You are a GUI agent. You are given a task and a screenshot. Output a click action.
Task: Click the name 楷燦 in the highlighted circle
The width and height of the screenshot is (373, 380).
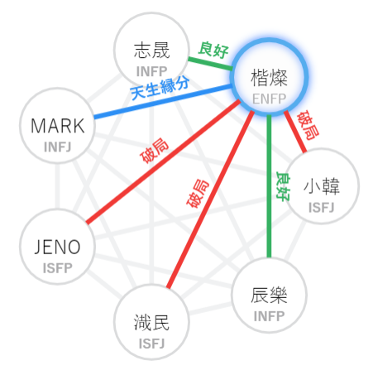pos(269,78)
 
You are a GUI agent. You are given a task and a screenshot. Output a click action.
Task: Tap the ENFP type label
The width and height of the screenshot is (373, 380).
pos(269,99)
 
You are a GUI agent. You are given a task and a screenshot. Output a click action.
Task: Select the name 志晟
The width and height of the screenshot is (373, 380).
pos(151,51)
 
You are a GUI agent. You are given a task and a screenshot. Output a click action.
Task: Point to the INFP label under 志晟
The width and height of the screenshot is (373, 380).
pos(151,71)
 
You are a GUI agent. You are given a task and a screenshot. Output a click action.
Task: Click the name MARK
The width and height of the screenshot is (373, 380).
pos(58,126)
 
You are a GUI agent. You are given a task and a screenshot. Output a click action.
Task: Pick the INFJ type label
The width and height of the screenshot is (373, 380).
pos(58,147)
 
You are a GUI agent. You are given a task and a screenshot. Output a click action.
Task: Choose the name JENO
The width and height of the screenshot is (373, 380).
pos(58,247)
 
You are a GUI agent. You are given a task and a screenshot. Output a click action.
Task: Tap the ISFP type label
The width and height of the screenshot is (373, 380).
pos(58,268)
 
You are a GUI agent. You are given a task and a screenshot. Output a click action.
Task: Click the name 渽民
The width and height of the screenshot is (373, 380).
pos(151,322)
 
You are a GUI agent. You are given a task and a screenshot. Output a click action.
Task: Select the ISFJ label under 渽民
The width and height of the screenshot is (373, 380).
pos(151,344)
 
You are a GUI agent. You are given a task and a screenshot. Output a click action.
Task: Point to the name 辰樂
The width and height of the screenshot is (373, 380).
pos(269,296)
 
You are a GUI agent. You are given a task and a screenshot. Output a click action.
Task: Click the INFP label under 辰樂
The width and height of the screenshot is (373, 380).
pos(269,316)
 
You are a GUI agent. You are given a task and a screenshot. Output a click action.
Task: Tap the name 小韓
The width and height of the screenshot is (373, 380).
pos(322,186)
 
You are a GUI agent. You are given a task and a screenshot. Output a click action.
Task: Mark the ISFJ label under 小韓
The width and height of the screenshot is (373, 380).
pos(322,208)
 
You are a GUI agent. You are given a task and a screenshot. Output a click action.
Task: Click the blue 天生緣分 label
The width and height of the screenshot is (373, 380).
pos(160,89)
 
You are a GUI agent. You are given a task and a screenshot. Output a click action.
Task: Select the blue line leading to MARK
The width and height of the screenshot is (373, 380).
pos(163,102)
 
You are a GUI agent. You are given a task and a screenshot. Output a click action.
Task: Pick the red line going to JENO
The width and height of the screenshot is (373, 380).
pos(163,161)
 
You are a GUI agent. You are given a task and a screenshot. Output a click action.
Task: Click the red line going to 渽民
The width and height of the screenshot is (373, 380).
pos(210,200)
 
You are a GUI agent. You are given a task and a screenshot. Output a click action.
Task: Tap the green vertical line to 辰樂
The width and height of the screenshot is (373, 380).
pos(269,186)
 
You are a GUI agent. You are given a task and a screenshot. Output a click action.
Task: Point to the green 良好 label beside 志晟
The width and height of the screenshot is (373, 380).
pos(213,50)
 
